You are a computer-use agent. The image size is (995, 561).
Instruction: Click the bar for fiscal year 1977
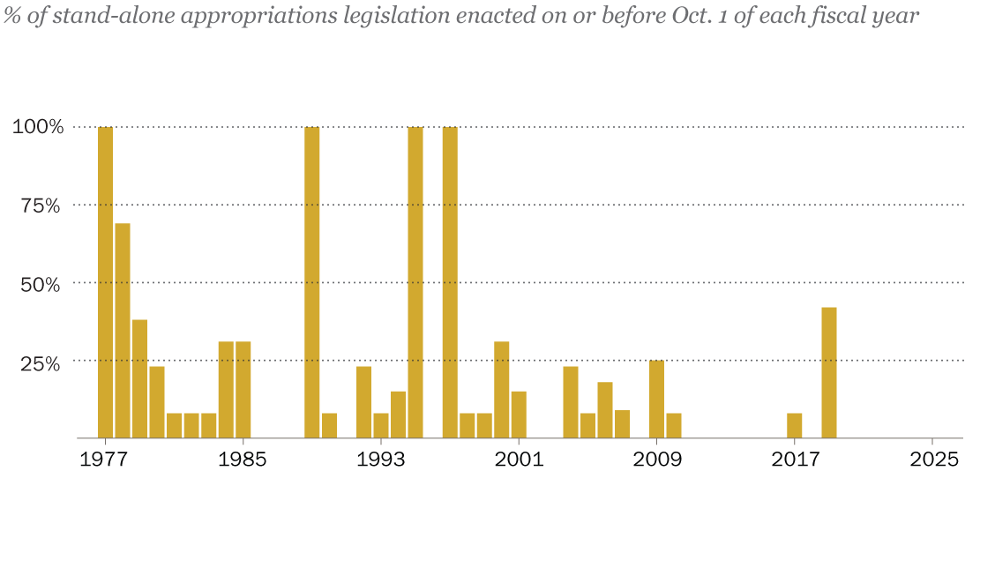pos(105,282)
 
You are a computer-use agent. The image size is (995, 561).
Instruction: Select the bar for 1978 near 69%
pos(123,331)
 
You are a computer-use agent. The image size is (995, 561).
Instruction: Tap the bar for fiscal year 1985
pos(243,389)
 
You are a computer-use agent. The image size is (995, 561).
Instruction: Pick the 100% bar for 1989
pos(312,282)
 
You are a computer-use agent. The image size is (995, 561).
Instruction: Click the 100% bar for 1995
pos(415,282)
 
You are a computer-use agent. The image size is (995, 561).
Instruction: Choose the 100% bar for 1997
pos(450,282)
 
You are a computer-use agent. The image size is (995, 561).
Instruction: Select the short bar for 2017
pos(795,425)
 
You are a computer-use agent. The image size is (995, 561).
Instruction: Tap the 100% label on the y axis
pos(38,127)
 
